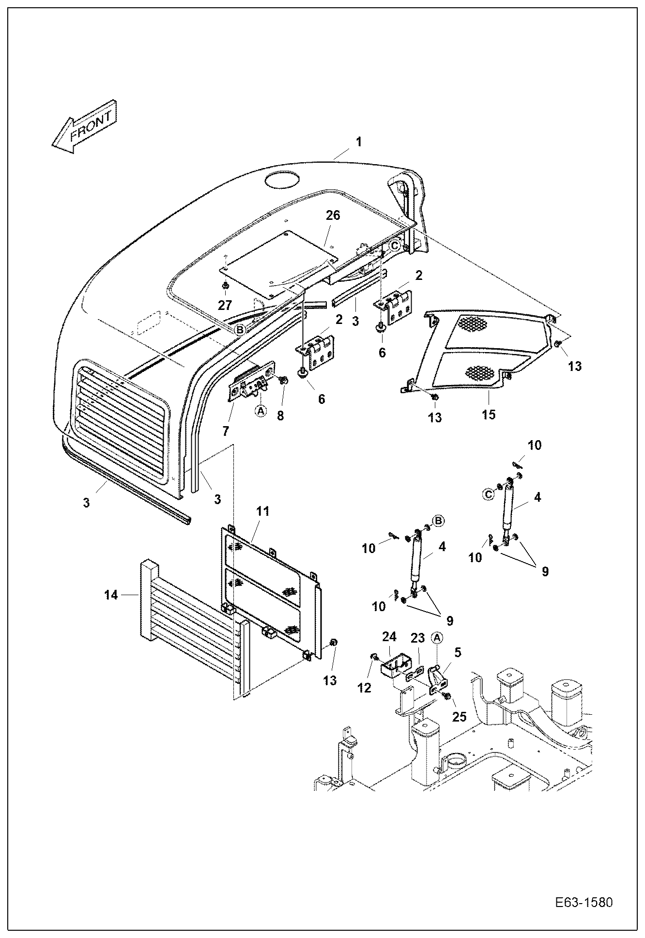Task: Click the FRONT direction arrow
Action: tap(85, 127)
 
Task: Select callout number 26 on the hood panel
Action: tap(333, 215)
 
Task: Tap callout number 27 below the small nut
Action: tap(225, 305)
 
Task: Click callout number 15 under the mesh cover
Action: tap(489, 415)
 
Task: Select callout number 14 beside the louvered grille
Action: tap(111, 595)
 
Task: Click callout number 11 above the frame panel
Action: tap(263, 511)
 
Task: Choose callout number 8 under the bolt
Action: tap(280, 415)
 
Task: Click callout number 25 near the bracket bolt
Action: tap(459, 716)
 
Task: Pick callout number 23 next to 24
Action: tap(418, 638)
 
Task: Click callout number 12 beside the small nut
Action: tap(364, 687)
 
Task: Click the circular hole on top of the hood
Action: tap(281, 181)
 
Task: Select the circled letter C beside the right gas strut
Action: tap(489, 494)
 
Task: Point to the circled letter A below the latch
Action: tap(261, 411)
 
